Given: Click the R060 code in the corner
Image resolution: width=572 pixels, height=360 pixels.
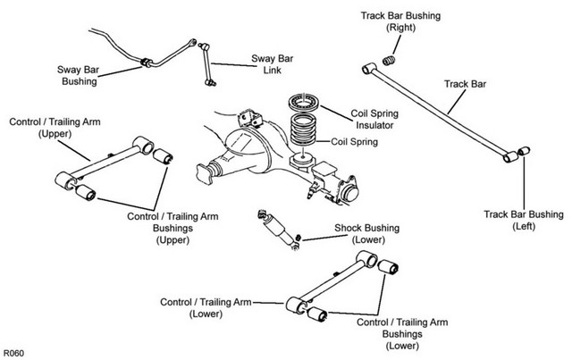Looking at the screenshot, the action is (13, 353).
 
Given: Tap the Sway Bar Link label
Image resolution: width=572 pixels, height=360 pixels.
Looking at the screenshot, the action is (272, 64).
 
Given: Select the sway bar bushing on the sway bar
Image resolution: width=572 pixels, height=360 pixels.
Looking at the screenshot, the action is (146, 63).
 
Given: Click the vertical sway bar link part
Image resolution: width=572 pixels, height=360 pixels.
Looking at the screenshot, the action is (206, 65).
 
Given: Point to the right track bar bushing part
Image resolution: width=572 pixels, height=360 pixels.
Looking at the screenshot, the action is (390, 61).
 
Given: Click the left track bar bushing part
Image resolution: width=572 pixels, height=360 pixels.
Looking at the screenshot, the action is (525, 150).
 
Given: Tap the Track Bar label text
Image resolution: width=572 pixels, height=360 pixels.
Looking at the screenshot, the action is (465, 84).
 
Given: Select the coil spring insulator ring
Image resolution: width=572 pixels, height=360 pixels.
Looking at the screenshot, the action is (304, 102).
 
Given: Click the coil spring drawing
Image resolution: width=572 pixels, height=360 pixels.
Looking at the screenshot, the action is (303, 130).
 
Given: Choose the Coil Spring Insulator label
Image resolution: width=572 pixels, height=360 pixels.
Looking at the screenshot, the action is (374, 120).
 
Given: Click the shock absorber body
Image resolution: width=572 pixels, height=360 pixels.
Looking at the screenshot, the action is (278, 230).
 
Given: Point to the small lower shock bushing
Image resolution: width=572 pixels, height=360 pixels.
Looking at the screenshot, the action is (298, 238).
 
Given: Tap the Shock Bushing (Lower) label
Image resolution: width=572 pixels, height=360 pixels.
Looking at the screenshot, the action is (367, 234).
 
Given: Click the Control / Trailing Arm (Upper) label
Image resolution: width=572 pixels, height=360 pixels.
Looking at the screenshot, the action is (55, 128).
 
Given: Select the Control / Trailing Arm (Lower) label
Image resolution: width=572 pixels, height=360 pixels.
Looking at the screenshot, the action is (206, 308).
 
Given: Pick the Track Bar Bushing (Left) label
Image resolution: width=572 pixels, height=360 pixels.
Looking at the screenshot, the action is (524, 220).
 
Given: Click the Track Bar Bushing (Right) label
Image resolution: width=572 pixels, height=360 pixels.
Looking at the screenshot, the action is (400, 21).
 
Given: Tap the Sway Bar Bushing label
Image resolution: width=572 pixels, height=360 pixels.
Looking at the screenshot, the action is (78, 75).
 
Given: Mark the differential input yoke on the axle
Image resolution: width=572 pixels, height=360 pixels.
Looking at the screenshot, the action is (205, 174).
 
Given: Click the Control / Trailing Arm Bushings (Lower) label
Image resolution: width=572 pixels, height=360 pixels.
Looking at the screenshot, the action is (402, 334).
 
